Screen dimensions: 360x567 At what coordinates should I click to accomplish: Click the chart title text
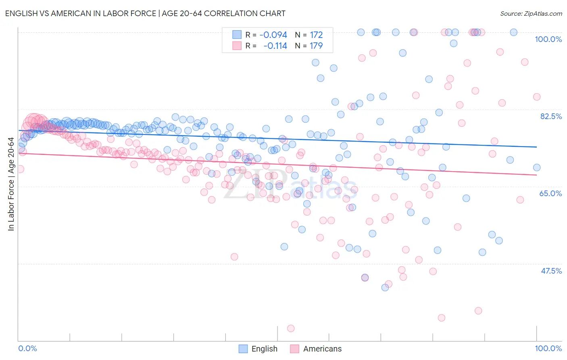pos(145,13)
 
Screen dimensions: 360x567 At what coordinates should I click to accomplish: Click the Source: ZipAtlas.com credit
pos(531,13)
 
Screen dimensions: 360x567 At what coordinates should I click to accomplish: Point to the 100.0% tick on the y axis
pos(548,39)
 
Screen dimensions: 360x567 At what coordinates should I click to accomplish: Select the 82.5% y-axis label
pos(550,116)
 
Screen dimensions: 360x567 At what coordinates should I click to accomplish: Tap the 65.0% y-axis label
pos(550,193)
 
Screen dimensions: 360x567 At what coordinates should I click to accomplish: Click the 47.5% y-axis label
pos(551,271)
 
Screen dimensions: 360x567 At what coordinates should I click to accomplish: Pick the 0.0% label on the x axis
pos(27,348)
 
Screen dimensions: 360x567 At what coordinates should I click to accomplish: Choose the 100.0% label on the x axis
pos(548,348)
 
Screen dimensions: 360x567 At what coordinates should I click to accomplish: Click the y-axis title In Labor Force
pos(11,184)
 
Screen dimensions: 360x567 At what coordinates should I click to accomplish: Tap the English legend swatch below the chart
pos(243,349)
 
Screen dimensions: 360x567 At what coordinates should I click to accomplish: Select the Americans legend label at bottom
pos(322,349)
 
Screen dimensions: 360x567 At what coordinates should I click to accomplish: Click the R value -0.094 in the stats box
pos(273,35)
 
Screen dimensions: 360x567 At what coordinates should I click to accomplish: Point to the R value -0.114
pos(275,46)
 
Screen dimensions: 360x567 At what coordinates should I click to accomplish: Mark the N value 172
pos(316,35)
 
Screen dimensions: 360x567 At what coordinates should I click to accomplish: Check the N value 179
pos(316,46)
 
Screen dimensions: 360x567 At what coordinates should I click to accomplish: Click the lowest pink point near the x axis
pos(291,329)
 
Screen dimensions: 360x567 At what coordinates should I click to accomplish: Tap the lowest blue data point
pos(385,287)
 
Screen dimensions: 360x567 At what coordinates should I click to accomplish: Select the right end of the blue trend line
pos(536,147)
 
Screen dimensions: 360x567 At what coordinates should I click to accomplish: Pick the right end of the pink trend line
pos(536,175)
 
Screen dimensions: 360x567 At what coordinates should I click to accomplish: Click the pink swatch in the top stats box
pos(237,46)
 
